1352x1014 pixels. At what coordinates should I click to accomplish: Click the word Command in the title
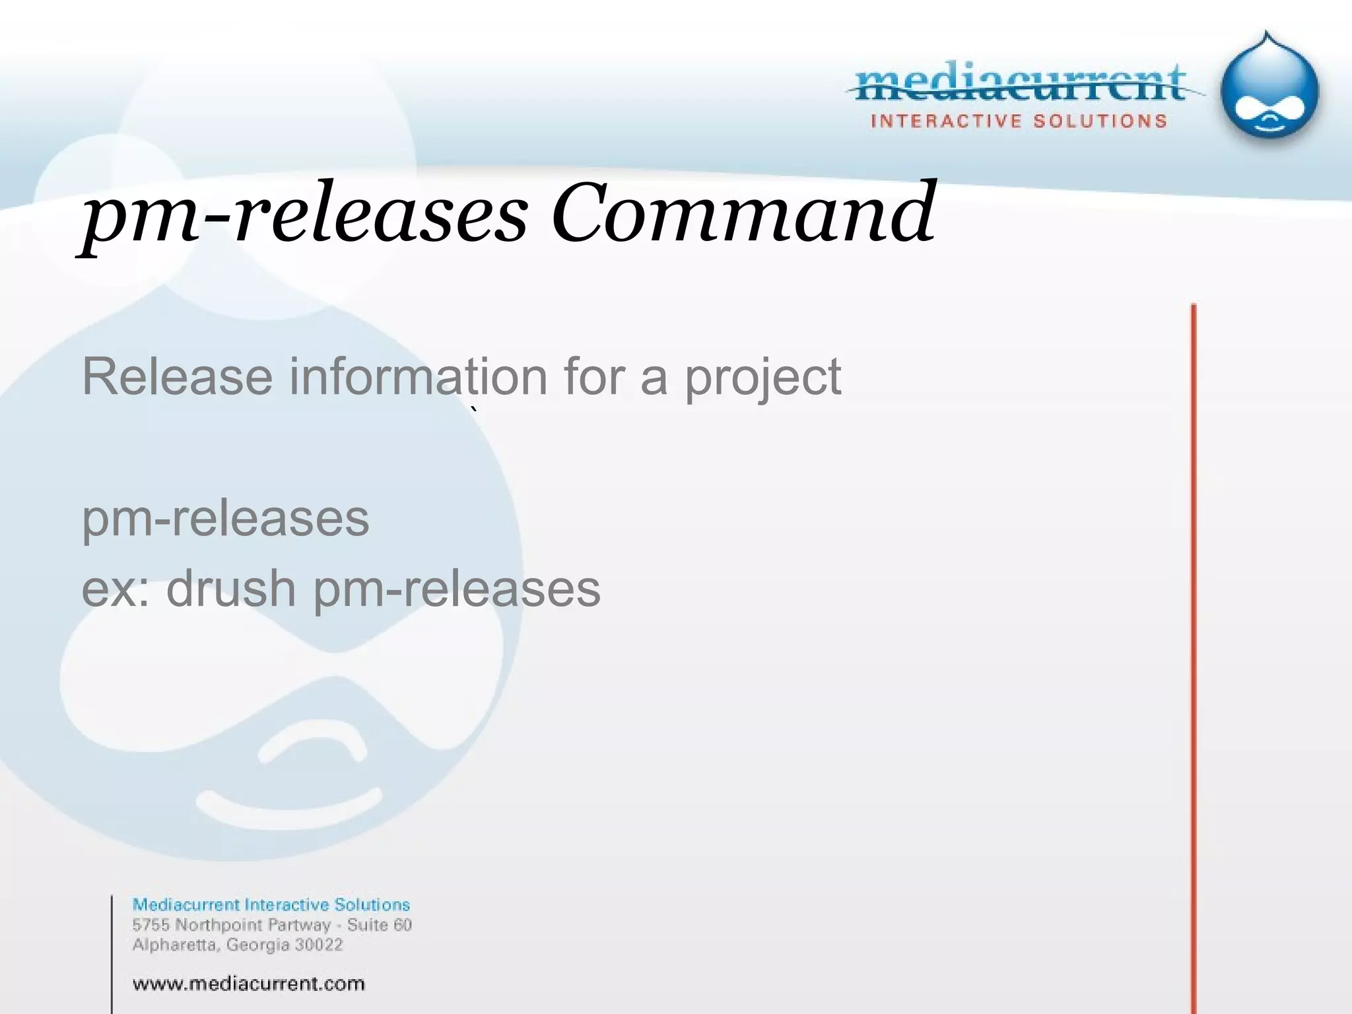click(x=743, y=213)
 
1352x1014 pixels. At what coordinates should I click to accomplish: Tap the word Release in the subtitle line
click(x=177, y=377)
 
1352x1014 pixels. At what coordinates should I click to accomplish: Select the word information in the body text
click(x=419, y=377)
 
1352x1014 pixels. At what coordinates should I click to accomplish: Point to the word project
click(x=762, y=378)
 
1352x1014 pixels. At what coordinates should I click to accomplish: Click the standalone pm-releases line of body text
click(x=225, y=519)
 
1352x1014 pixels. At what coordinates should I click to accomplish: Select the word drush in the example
click(x=231, y=589)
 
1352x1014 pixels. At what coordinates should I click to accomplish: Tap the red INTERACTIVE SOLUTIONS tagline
click(x=1019, y=121)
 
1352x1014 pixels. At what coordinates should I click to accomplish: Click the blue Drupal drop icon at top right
click(x=1269, y=92)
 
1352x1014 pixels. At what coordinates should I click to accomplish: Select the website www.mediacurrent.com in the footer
click(x=248, y=984)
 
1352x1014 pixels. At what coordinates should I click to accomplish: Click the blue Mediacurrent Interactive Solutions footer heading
click(x=271, y=904)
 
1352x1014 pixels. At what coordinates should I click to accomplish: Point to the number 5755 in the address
click(x=151, y=925)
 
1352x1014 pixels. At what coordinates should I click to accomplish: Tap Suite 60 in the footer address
click(x=380, y=925)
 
